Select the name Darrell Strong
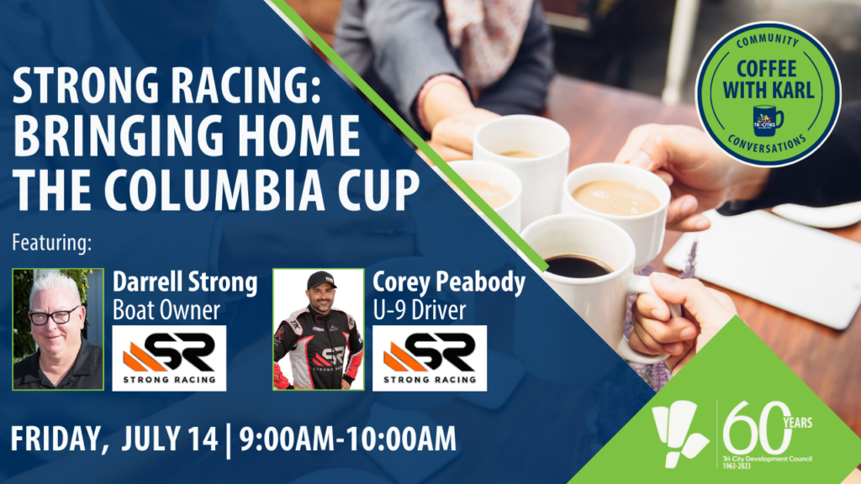185,283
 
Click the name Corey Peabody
448,283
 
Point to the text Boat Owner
166,311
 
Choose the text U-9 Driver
420,311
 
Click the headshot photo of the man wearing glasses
58,329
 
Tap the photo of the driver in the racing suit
318,329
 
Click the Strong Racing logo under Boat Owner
169,358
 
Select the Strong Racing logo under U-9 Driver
429,358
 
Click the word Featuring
50,245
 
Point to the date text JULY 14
170,439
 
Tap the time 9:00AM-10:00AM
348,439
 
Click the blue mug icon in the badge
767,118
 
